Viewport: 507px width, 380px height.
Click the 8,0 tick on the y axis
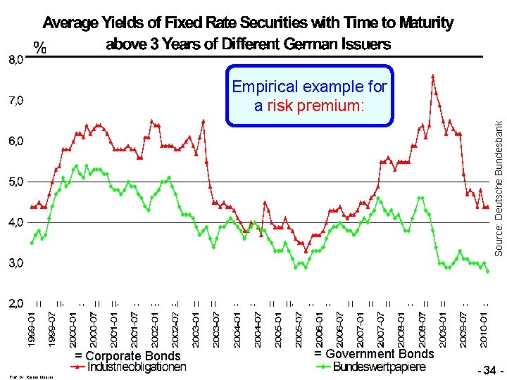tap(15, 60)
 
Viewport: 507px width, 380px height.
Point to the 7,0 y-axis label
tap(15, 101)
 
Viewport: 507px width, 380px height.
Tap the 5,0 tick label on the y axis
tap(15, 182)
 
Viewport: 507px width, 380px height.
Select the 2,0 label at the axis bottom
tap(15, 304)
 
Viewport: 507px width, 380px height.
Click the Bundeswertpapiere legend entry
tap(379, 367)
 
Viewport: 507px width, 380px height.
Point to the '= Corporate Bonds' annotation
tap(127, 356)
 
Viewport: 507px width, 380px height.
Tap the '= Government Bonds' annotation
tap(374, 354)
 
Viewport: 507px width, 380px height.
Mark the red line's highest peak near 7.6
tap(432, 75)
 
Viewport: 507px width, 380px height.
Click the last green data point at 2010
tap(488, 272)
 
